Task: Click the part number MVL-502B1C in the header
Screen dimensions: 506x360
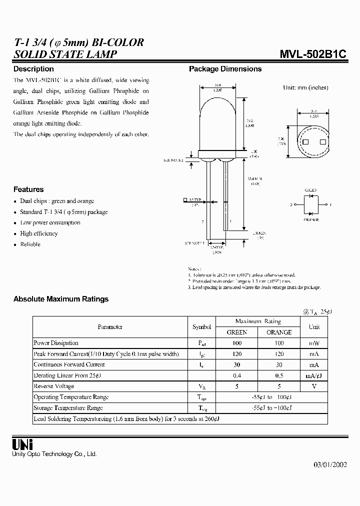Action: [x=314, y=54]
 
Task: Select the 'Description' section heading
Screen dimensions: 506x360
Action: [x=33, y=69]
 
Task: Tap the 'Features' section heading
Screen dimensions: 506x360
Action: [x=28, y=189]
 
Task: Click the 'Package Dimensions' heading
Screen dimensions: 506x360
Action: [x=225, y=69]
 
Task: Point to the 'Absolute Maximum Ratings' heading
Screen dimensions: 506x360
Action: [x=61, y=299]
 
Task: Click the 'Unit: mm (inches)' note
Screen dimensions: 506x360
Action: [x=305, y=87]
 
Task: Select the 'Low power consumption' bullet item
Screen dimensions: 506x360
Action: [x=50, y=222]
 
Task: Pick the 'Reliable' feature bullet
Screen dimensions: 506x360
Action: [x=30, y=244]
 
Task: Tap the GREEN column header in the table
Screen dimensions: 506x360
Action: [x=237, y=332]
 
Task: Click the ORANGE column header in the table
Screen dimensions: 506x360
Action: [x=279, y=332]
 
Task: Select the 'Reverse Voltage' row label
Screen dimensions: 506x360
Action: [x=53, y=386]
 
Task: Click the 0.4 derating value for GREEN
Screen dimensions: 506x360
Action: [x=237, y=375]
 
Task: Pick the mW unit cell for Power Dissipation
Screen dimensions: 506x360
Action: [x=314, y=343]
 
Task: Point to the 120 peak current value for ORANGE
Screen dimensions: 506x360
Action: [x=279, y=353]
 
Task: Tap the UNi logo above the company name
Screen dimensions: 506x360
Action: [x=22, y=444]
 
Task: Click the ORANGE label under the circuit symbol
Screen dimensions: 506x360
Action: [x=310, y=218]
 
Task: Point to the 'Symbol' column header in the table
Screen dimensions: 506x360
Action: [x=201, y=327]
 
